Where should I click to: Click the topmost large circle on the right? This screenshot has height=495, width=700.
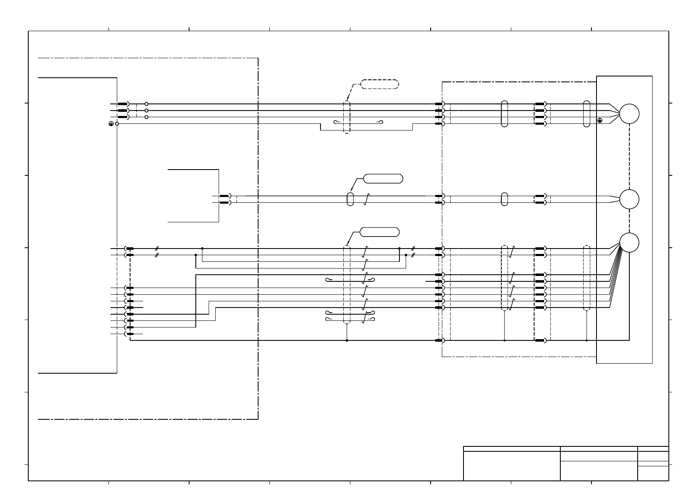click(x=629, y=114)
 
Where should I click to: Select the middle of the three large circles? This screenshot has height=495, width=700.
click(x=629, y=199)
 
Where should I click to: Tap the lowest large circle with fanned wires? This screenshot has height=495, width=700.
click(x=629, y=242)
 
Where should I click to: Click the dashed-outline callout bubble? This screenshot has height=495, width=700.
click(x=380, y=84)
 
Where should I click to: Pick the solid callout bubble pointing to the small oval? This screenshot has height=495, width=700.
click(x=383, y=179)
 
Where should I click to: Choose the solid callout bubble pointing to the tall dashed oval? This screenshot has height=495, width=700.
click(x=380, y=232)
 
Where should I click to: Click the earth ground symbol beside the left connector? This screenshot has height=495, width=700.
click(x=111, y=124)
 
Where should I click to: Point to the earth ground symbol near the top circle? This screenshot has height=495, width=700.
click(x=599, y=121)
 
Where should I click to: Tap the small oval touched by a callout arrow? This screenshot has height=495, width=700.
click(x=350, y=199)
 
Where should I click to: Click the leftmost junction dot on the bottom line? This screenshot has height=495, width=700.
click(x=347, y=340)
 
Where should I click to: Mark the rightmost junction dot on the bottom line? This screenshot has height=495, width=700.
click(x=586, y=340)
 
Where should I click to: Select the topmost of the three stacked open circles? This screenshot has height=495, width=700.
click(x=146, y=104)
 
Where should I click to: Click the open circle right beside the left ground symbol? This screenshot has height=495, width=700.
click(x=117, y=124)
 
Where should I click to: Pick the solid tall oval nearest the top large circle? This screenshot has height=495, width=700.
click(x=587, y=114)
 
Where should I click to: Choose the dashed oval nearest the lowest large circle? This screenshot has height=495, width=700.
click(x=587, y=278)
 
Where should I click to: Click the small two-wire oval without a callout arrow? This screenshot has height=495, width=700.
click(x=504, y=199)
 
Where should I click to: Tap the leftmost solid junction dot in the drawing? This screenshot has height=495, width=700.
click(x=195, y=255)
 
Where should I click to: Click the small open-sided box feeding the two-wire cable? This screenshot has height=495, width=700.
click(x=193, y=196)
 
